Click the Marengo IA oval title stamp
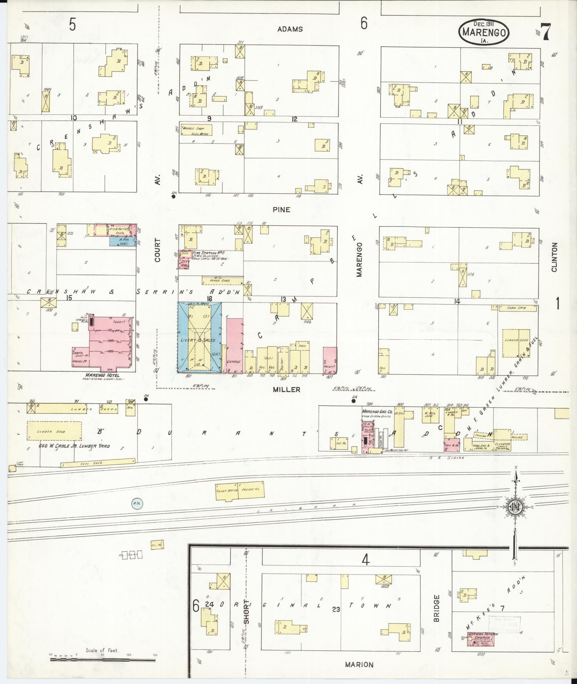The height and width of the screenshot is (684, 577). [x=484, y=31]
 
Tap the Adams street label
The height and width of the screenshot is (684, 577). [x=290, y=29]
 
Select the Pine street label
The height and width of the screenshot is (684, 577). [x=282, y=210]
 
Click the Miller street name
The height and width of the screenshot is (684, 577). [x=287, y=390]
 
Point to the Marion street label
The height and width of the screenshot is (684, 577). [x=359, y=664]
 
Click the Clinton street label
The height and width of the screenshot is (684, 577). [x=554, y=257]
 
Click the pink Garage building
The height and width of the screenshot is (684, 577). [x=235, y=345]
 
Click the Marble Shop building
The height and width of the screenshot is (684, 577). [x=196, y=130]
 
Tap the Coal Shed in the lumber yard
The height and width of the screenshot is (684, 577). [x=98, y=463]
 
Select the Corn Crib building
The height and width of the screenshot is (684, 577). [x=517, y=308]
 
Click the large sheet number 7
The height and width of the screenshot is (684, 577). [x=546, y=32]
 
